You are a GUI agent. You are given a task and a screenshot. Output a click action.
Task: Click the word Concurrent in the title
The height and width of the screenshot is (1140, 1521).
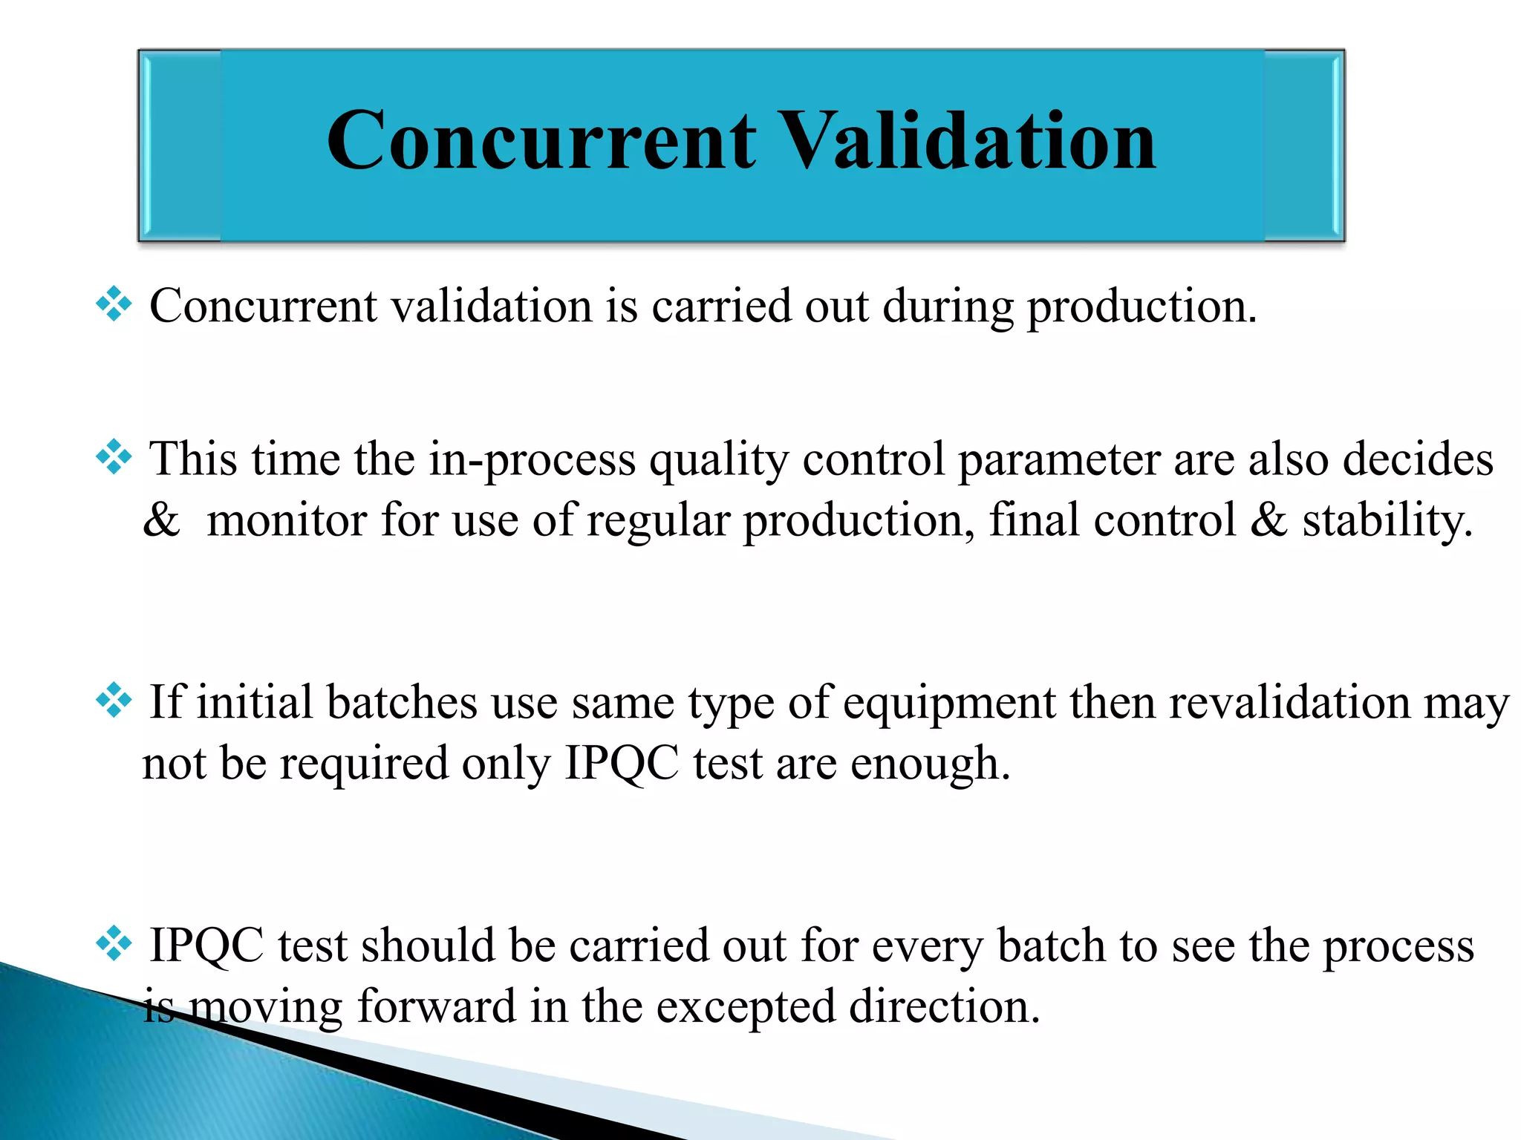coord(541,141)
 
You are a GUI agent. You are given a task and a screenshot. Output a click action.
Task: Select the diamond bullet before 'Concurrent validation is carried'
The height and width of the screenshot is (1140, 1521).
coord(114,304)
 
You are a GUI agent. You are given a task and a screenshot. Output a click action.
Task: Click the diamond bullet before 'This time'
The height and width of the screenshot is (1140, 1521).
coord(114,457)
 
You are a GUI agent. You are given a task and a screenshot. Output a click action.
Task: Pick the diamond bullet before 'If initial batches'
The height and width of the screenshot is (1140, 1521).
coord(114,701)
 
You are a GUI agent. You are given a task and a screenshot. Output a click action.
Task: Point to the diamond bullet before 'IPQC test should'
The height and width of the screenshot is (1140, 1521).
coord(114,944)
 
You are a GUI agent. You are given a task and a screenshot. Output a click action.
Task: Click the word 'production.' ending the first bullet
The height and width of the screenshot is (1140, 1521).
coord(1141,307)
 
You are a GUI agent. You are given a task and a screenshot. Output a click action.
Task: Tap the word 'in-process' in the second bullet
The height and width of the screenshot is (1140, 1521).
coord(532,460)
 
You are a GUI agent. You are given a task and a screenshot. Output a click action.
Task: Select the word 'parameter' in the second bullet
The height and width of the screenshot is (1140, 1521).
coord(1058,460)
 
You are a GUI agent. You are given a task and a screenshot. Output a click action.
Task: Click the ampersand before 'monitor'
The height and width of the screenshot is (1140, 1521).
coord(161,520)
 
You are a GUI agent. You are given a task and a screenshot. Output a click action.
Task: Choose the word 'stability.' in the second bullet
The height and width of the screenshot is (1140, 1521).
coord(1387,521)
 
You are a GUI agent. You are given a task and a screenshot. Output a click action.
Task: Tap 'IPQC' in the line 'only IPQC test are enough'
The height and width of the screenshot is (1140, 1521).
coord(622,764)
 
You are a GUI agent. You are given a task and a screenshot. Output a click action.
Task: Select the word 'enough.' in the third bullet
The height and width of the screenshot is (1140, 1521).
coord(930,764)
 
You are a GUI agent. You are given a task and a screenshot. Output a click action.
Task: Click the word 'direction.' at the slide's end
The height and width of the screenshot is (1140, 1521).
coord(944,1006)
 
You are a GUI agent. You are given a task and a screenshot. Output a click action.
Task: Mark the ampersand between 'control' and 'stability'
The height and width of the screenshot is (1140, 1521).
coord(1268,520)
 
